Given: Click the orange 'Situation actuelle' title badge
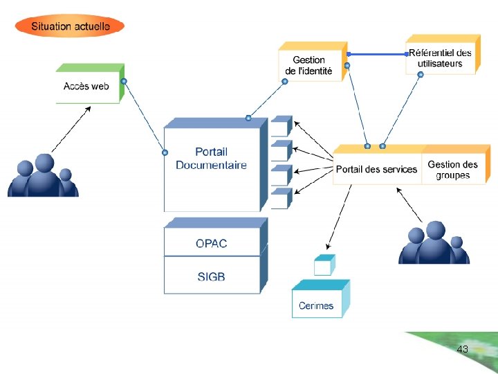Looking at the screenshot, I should (x=69, y=26).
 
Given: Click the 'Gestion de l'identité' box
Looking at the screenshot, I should (x=309, y=66).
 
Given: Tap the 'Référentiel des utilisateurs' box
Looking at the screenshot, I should (x=440, y=58).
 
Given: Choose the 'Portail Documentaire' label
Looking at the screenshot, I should (x=211, y=159).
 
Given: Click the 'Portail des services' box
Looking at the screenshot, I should (x=376, y=169).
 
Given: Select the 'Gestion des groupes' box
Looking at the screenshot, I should (x=453, y=169).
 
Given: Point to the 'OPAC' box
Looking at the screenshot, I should (x=212, y=243).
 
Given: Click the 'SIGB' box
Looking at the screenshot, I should (x=212, y=276).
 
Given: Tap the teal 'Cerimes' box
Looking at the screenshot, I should (x=317, y=305).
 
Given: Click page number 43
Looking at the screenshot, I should (x=463, y=350).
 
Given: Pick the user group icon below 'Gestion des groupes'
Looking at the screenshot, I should (x=434, y=243).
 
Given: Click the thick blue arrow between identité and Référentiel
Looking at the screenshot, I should (x=377, y=53).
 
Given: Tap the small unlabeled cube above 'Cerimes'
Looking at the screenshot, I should (x=323, y=265).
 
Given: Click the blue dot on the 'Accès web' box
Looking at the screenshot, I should (x=124, y=82).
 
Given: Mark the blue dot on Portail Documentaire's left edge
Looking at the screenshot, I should (x=165, y=152).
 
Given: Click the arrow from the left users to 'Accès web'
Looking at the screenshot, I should (x=71, y=127).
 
